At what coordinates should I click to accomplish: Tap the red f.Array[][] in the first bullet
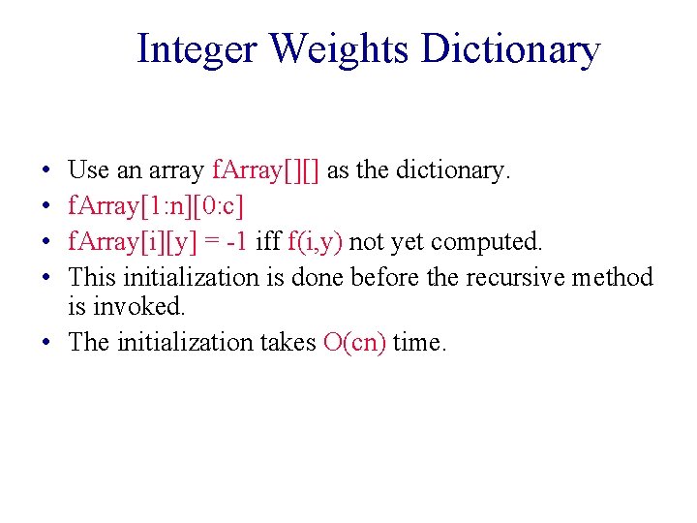[x=266, y=171]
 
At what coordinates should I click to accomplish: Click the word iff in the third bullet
[x=268, y=242]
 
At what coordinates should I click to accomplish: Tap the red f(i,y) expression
[x=316, y=242]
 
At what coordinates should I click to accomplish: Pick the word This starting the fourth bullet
[x=92, y=278]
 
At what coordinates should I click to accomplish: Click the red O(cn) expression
[x=354, y=342]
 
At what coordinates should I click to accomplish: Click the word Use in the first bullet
[x=89, y=171]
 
